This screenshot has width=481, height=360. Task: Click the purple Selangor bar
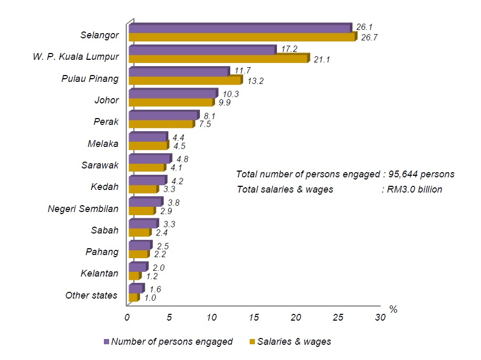[240, 28]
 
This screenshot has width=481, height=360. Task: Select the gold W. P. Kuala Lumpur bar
[219, 59]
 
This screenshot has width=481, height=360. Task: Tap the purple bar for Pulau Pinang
[179, 71]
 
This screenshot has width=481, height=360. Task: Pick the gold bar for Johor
[171, 102]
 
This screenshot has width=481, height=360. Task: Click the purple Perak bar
[163, 115]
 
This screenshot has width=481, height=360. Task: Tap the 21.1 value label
[321, 59]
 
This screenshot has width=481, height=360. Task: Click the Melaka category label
[103, 143]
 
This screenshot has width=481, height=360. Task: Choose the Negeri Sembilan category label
[83, 208]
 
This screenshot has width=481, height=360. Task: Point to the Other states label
[91, 295]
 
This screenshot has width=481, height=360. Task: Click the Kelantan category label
[100, 273]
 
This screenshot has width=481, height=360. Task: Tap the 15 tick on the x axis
[254, 317]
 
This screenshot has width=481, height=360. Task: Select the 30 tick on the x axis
[380, 317]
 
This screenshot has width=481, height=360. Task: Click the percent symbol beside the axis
[393, 309]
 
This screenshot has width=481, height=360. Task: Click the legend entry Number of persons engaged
[172, 342]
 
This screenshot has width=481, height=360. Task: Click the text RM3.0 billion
[414, 189]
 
